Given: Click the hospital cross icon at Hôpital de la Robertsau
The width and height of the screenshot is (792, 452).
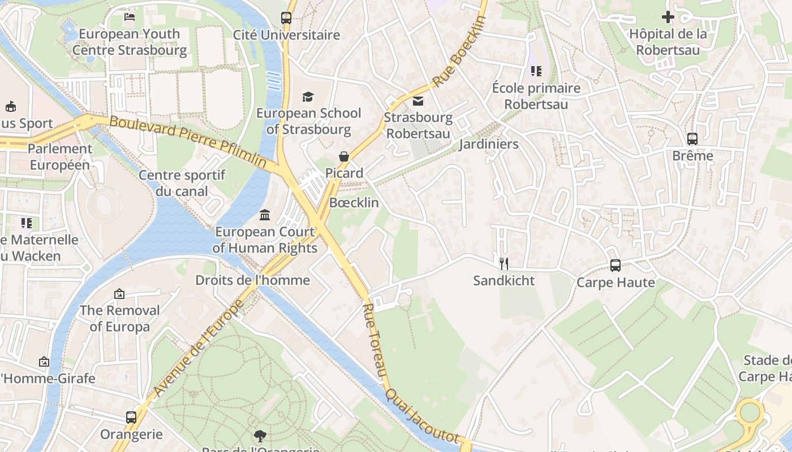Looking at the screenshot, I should pos(668,17).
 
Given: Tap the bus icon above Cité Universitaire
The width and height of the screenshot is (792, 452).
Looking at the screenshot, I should pos(286,18).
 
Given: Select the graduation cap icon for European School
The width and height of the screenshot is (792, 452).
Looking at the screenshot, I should pos(308,97).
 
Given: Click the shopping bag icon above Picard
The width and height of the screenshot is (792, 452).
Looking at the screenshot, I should pos(343,157).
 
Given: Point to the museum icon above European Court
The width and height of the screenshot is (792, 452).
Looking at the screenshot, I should pos(265,215).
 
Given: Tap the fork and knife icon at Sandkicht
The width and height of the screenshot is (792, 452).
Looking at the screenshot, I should pos(503,263).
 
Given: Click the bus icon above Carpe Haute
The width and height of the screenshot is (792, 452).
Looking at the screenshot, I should pos(615,265).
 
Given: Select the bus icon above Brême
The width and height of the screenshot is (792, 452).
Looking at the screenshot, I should pos(692,138).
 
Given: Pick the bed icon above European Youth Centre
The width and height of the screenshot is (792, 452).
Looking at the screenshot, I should pos(129,17).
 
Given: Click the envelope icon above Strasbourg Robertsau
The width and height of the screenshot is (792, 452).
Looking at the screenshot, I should pos(418,101).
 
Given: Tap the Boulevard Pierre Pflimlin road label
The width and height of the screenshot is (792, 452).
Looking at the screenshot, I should pos(188,142).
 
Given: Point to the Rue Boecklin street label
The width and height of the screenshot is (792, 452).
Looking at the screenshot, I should pos(459,51).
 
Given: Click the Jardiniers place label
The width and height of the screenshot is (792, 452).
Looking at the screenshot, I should pos(488,144).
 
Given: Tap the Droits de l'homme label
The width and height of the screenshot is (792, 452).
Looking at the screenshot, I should pos(252,280).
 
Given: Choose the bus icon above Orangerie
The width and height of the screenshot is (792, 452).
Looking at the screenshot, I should pos(131,418).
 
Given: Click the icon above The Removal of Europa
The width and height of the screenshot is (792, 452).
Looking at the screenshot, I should pos(119,294).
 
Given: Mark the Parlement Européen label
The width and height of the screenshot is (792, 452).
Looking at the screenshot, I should pos(60,157).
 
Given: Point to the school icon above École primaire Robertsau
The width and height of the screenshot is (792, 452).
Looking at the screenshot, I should pos(536,71).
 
